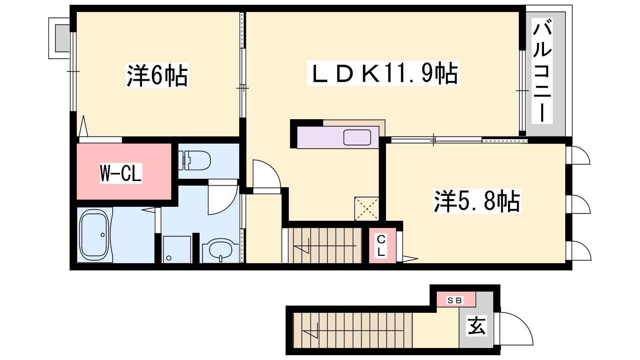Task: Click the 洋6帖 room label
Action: point(158,76)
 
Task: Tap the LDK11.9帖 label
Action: point(383,73)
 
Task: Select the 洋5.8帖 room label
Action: point(477,201)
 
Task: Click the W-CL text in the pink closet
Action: point(121,173)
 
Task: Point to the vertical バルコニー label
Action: point(542,71)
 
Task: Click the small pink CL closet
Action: point(382,246)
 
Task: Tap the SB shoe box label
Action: point(454,300)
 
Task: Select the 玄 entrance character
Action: point(476,326)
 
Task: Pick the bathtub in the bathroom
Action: point(95,235)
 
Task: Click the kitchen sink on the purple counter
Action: point(357,138)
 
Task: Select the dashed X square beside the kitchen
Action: point(366,209)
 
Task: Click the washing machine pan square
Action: point(177,250)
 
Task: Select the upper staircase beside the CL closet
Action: point(325,246)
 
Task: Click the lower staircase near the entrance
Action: point(353,330)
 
